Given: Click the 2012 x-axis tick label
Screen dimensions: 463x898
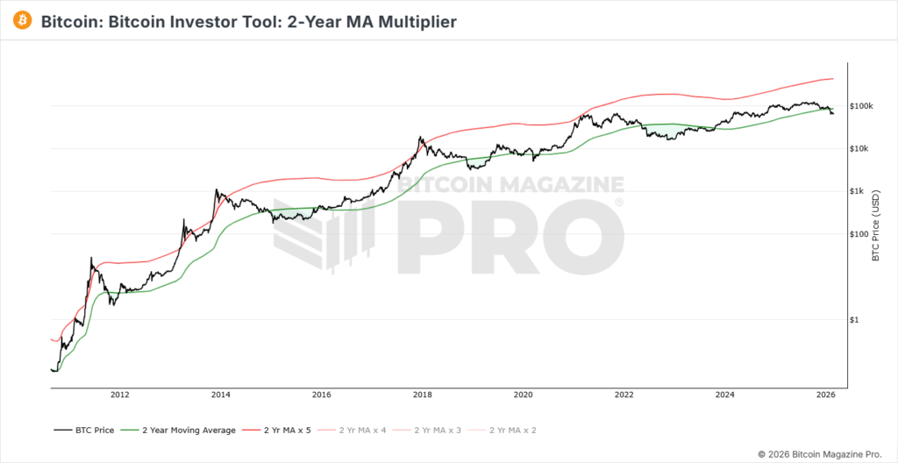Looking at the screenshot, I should (x=120, y=395).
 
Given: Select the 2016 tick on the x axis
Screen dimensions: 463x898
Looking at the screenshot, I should (x=321, y=395).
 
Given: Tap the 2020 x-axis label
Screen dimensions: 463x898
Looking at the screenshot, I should (x=523, y=395).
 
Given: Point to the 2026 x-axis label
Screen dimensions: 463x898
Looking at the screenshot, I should (x=825, y=395).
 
